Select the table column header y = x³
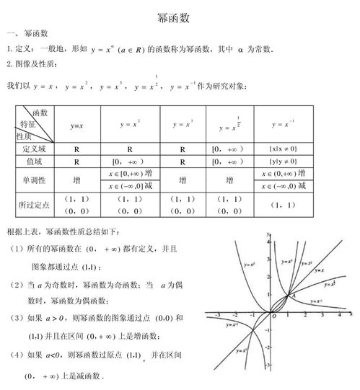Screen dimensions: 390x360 point(182,124)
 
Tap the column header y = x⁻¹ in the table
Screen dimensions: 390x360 point(284,124)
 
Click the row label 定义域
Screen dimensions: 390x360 point(35,149)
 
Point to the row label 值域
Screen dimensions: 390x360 point(35,161)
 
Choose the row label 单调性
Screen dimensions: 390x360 point(35,180)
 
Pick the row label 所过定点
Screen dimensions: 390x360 point(35,204)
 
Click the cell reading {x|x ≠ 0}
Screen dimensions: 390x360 point(284,149)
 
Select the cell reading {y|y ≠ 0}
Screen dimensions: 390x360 point(284,161)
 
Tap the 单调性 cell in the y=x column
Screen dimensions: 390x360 point(76,180)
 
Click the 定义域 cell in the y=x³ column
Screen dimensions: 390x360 point(182,149)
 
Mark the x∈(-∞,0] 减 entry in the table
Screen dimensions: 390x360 point(130,186)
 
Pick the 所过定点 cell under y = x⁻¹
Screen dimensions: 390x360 point(284,205)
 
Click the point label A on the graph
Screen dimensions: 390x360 point(292,294)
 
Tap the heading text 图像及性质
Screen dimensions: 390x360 point(35,64)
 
